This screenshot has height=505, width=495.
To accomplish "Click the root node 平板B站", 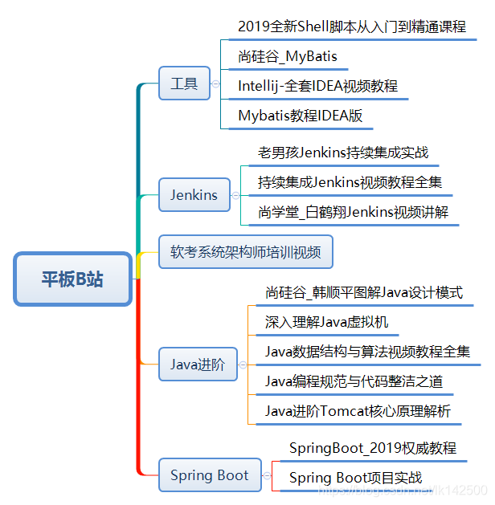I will click(x=72, y=279).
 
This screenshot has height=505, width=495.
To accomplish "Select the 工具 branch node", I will click(x=184, y=83).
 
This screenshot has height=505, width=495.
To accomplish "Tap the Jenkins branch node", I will click(x=194, y=195).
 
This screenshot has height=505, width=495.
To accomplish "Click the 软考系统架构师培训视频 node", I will click(x=245, y=252).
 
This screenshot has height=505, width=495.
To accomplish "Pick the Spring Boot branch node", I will click(x=210, y=475).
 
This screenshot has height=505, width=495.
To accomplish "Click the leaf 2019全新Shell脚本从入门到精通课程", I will click(x=352, y=26).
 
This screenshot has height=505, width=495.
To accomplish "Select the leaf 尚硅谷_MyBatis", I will click(x=288, y=56).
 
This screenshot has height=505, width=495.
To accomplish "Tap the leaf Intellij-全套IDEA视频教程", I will click(x=318, y=86).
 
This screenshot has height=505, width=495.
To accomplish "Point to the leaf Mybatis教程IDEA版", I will click(x=301, y=116).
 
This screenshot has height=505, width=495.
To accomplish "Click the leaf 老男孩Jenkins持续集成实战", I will click(x=343, y=153).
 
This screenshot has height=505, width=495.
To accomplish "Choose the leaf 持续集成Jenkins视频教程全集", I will click(x=350, y=182).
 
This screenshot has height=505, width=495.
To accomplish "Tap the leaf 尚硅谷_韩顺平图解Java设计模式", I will click(x=364, y=293).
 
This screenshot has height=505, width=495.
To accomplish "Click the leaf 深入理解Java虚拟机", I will click(x=327, y=323).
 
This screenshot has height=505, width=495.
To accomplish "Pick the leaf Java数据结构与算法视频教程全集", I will click(x=368, y=352).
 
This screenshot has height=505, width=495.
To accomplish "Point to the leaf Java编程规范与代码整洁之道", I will click(x=354, y=381).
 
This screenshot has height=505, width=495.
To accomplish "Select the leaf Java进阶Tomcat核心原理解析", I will click(x=358, y=411).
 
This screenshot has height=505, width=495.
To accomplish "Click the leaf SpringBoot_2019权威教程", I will click(x=373, y=448).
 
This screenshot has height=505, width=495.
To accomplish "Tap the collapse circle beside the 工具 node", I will click(x=215, y=83).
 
